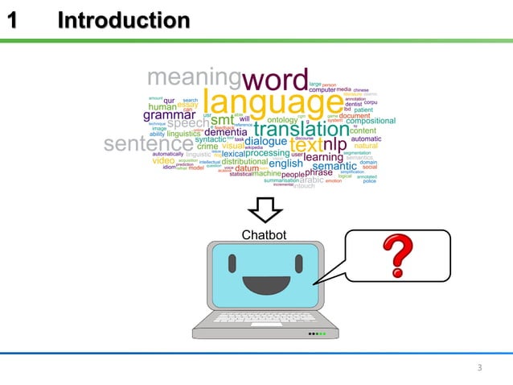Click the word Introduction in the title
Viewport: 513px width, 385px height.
(x=124, y=19)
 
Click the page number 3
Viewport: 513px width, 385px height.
(x=479, y=368)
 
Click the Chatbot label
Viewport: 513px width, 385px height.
(x=264, y=235)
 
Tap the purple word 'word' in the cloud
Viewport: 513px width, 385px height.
(x=275, y=79)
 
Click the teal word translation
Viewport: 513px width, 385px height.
(x=302, y=129)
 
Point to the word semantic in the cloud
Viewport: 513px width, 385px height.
(x=334, y=167)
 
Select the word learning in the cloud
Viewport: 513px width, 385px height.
(x=323, y=157)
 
